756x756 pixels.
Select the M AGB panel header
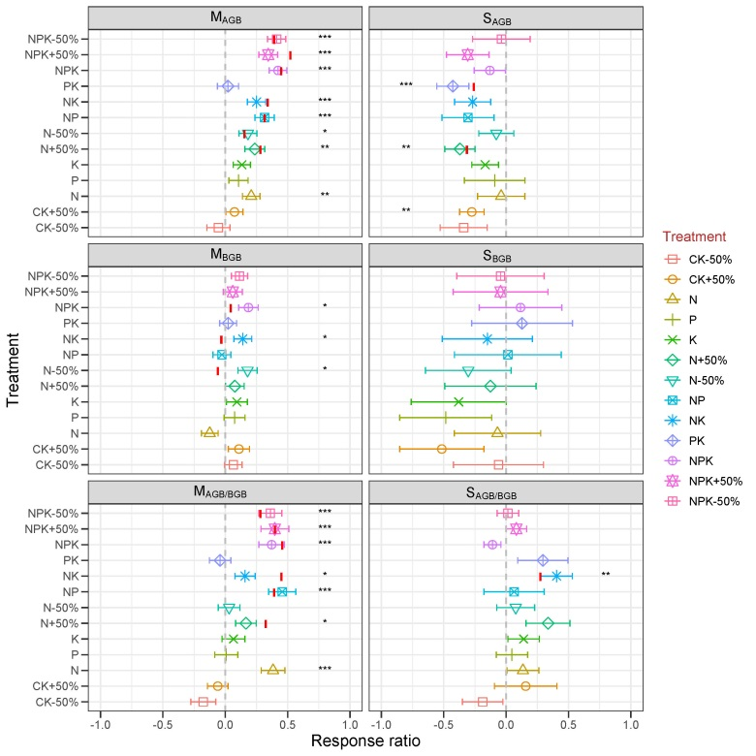[225, 18]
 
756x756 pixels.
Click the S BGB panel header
[505, 255]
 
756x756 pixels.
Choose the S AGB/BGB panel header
[505, 492]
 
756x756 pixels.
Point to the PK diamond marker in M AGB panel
[228, 86]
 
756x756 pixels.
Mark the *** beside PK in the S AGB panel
[407, 86]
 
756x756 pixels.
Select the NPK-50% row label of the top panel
[54, 39]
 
